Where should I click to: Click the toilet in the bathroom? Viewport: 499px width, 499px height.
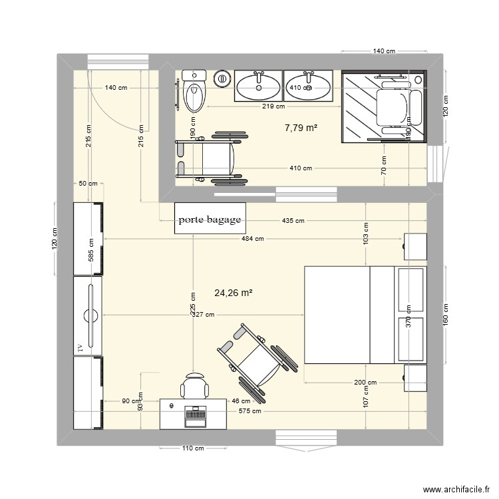(195, 92)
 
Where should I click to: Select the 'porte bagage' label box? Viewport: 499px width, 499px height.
(210, 219)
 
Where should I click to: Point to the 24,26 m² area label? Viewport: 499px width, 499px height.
(234, 292)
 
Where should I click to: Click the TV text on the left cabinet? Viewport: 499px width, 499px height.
(80, 347)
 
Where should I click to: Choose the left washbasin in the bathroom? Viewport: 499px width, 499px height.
(259, 86)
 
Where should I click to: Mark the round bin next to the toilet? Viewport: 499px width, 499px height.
(222, 79)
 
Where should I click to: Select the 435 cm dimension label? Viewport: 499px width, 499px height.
(293, 221)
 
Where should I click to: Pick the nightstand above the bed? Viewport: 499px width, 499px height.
(415, 246)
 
